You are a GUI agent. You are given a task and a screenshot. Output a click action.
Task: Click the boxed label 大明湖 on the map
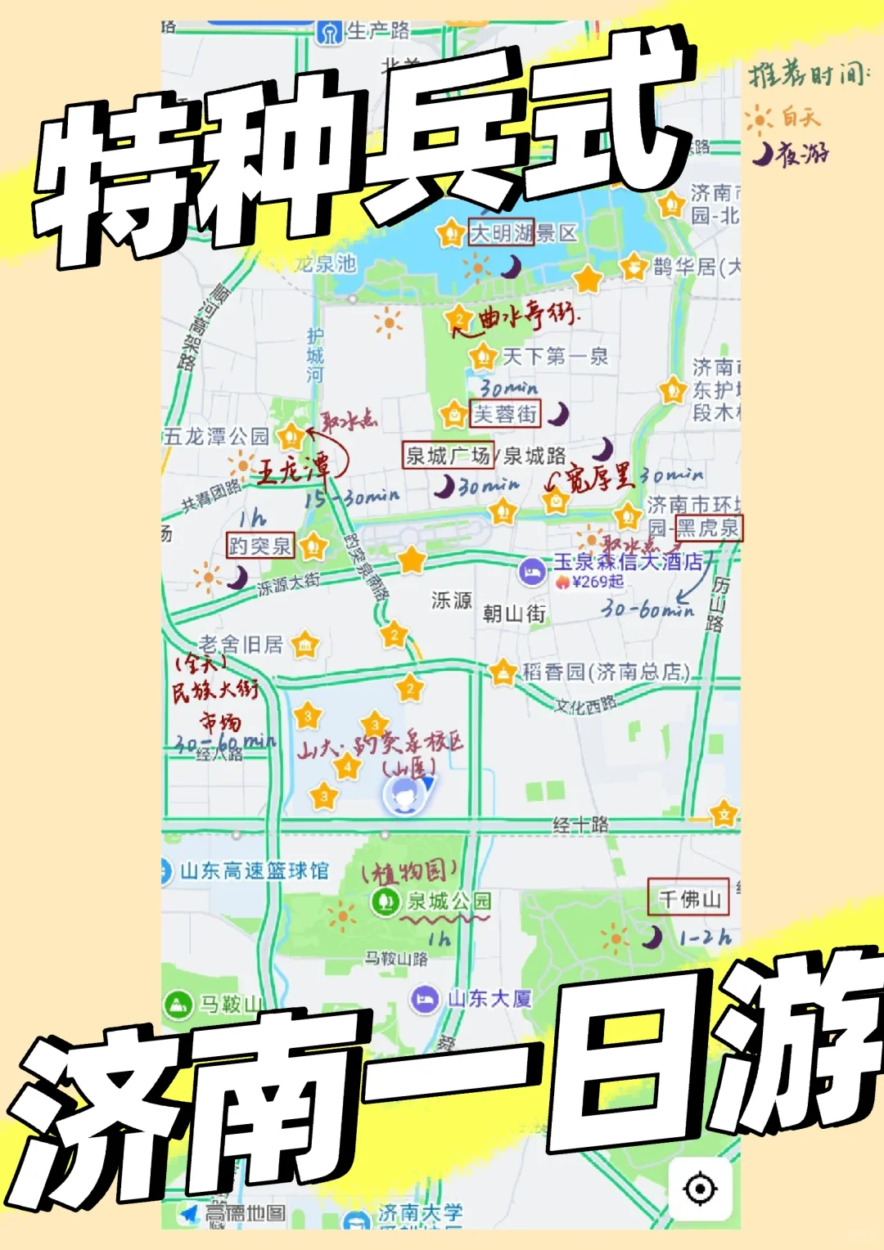pyautogui.click(x=501, y=233)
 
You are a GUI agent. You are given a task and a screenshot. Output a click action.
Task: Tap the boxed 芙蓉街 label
pyautogui.click(x=505, y=414)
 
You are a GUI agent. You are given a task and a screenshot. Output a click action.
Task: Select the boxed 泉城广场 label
pyautogui.click(x=449, y=455)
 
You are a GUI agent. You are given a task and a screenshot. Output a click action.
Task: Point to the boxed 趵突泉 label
pyautogui.click(x=259, y=546)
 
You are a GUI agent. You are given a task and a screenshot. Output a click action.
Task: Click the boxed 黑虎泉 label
pyautogui.click(x=708, y=528)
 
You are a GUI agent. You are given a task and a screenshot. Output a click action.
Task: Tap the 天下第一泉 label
pyautogui.click(x=555, y=356)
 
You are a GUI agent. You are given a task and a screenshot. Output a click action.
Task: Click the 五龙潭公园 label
pyautogui.click(x=216, y=436)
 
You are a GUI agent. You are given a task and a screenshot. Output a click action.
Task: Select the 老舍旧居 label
pyautogui.click(x=241, y=645)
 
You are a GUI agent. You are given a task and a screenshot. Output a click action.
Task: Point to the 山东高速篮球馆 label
pyautogui.click(x=254, y=870)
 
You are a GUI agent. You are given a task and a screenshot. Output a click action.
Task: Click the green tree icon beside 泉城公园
pyautogui.click(x=384, y=902)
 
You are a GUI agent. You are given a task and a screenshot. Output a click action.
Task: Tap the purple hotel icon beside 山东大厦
pyautogui.click(x=424, y=999)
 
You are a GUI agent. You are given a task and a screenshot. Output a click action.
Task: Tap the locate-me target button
pyautogui.click(x=700, y=1189)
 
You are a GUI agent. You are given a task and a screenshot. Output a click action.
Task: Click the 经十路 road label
pyautogui.click(x=580, y=825)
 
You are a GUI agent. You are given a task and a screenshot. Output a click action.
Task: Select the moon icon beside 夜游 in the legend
pyautogui.click(x=763, y=153)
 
